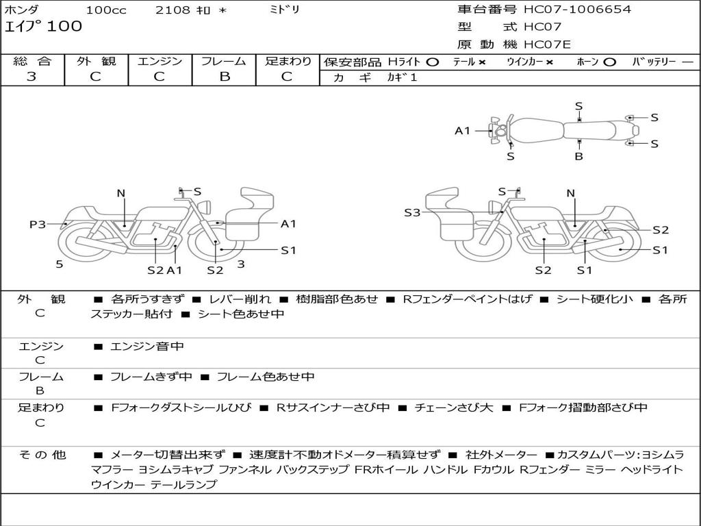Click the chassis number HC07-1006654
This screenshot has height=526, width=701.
[x=577, y=10]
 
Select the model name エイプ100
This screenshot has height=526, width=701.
[x=43, y=27]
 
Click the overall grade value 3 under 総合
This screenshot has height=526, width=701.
[x=31, y=77]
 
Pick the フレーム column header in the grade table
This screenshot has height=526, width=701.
[x=224, y=61]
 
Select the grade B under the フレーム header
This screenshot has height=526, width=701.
[x=224, y=77]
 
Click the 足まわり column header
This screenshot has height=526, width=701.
[x=288, y=61]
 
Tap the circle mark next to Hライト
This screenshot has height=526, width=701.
[x=432, y=62]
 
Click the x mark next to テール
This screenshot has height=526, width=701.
[x=482, y=62]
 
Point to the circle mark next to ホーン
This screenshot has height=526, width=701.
[x=609, y=62]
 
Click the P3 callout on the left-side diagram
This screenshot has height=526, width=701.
[x=38, y=224]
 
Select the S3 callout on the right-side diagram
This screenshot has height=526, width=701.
[x=411, y=213]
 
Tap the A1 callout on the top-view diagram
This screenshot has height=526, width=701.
[x=463, y=130]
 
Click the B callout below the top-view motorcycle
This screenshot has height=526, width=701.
[x=578, y=156]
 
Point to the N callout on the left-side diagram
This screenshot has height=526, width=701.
[x=121, y=193]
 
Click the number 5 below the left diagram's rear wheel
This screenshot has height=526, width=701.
[x=60, y=264]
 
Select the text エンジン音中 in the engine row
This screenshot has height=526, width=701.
[x=146, y=347]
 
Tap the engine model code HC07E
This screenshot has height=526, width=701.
[x=547, y=45]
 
